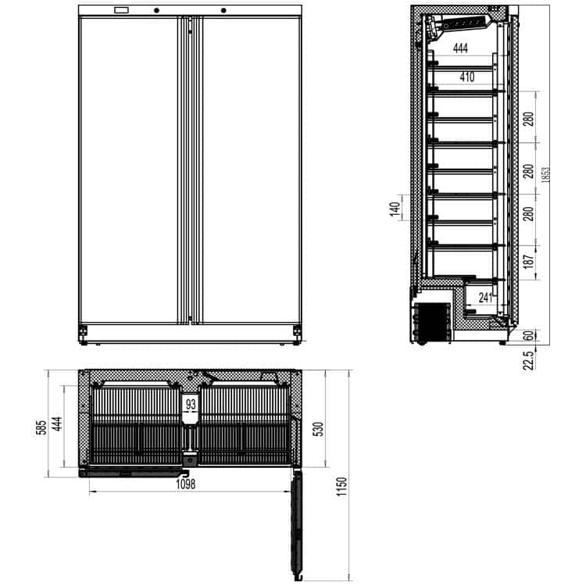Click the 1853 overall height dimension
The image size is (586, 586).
pos(545,174)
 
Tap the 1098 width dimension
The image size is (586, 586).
pos(186,484)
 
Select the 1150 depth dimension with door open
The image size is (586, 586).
pos(341,487)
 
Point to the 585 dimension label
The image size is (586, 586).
pos(41,427)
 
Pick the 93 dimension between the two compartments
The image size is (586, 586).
pos(191,404)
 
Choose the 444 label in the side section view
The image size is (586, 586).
pos(460,48)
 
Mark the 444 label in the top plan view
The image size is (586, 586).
pos(57,423)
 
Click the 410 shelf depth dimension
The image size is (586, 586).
pos(466,77)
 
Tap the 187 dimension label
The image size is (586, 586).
pos(529,261)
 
